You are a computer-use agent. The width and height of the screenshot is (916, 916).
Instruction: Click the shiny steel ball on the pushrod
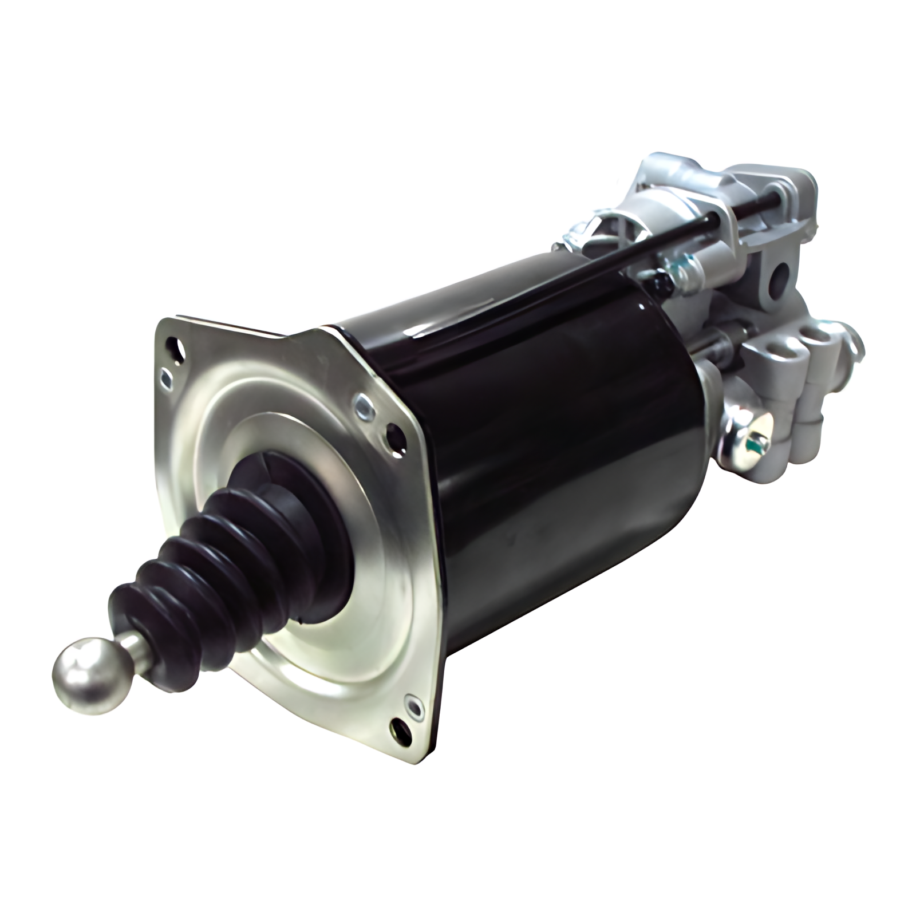tap(86, 673)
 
